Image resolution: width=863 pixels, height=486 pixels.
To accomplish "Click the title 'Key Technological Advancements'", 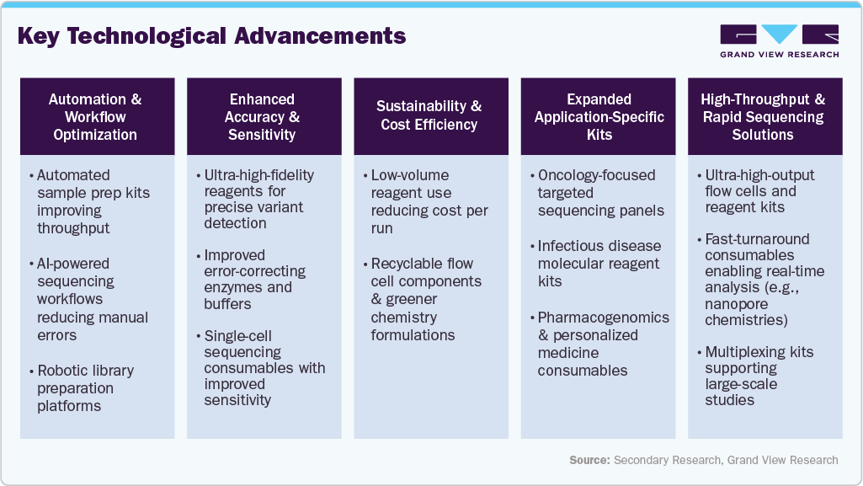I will pyautogui.click(x=211, y=36).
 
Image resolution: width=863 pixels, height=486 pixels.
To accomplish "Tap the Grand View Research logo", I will pyautogui.click(x=779, y=40).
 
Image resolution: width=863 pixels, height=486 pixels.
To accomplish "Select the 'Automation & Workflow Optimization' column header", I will pyautogui.click(x=95, y=117).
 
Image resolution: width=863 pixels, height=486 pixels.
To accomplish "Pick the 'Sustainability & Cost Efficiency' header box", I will pyautogui.click(x=429, y=116).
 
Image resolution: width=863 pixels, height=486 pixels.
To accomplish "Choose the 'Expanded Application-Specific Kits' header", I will pyautogui.click(x=597, y=117).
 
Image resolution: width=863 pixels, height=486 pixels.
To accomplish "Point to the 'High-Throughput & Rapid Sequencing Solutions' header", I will pyautogui.click(x=764, y=117).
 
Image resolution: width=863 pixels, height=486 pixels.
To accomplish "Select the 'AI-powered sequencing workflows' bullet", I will pyautogui.click(x=93, y=299).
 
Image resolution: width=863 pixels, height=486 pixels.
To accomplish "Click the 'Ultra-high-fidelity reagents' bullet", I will pyautogui.click(x=258, y=199).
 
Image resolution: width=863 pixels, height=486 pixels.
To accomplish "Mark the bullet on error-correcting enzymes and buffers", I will pyautogui.click(x=254, y=279).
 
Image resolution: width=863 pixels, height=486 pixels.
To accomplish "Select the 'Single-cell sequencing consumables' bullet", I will pyautogui.click(x=264, y=367).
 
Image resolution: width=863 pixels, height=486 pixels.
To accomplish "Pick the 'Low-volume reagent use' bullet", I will pyautogui.click(x=429, y=201).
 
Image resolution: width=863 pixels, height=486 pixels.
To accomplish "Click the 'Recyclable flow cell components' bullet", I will pyautogui.click(x=426, y=299).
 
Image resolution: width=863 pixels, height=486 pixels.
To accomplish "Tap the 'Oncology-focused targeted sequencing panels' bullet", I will pyautogui.click(x=599, y=193).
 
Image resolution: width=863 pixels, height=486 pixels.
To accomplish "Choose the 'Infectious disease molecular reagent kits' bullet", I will pyautogui.click(x=599, y=264).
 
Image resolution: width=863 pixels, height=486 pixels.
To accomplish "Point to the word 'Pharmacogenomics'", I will pyautogui.click(x=604, y=318).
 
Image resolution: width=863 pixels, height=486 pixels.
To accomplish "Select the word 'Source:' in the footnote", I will pyautogui.click(x=589, y=460).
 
